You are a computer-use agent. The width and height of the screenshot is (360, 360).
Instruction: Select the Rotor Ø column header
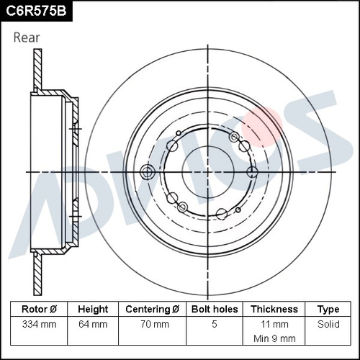(40, 309)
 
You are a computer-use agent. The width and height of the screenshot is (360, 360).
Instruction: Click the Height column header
(94, 309)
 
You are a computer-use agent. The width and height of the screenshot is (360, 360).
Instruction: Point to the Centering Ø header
(152, 309)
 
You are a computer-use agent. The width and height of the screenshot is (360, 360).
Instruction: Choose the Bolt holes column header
(215, 309)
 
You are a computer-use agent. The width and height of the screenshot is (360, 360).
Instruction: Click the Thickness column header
(274, 309)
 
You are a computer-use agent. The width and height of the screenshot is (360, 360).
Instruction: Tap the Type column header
(328, 309)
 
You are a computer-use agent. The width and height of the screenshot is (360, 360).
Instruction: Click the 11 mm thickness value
(274, 324)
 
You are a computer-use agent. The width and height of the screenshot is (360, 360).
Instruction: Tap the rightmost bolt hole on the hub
(252, 171)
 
